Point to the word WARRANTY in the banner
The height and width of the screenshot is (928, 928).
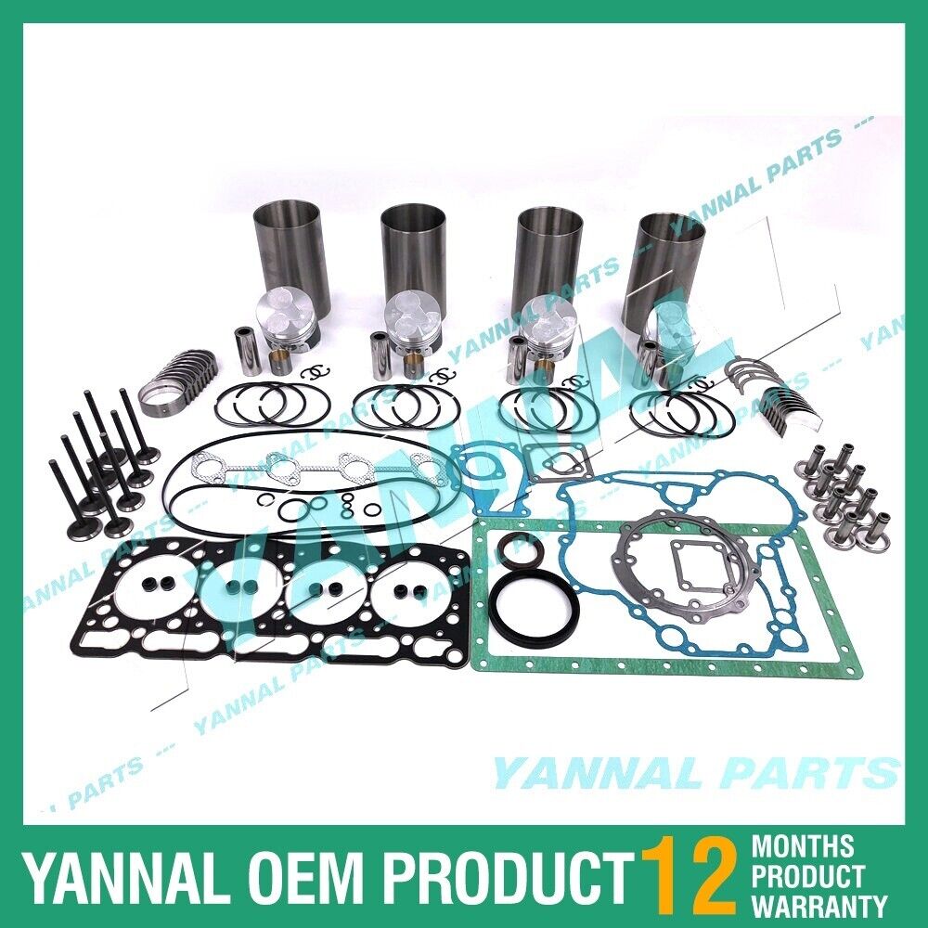pyautogui.click(x=819, y=904)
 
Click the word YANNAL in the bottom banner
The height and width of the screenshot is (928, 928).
pyautogui.click(x=107, y=875)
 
